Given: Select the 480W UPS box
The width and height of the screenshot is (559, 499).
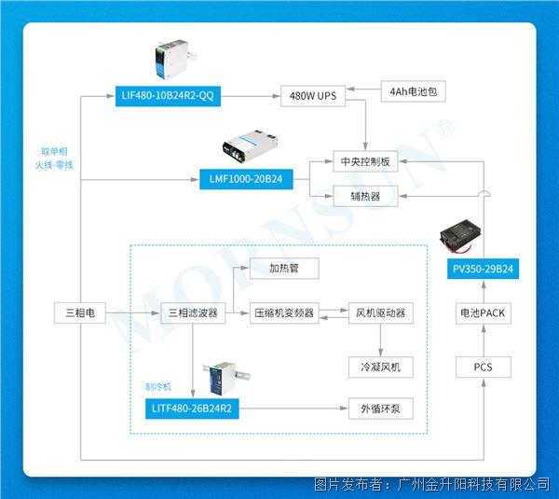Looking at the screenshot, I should [313, 95].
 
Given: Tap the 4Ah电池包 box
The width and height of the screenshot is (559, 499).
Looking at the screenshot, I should [412, 91].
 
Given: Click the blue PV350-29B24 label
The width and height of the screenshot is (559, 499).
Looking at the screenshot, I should [483, 269].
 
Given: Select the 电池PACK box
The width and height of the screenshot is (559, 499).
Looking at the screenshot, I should [483, 313].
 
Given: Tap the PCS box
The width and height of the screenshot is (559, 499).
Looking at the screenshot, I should [483, 367].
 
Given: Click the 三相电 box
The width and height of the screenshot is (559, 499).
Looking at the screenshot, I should [79, 313].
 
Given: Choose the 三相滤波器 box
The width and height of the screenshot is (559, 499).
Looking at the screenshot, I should [194, 313].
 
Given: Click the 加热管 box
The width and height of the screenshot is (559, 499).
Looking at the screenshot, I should [284, 269].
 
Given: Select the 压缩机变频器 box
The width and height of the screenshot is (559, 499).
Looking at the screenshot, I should [284, 313].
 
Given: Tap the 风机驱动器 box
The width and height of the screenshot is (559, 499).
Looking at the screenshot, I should [380, 313].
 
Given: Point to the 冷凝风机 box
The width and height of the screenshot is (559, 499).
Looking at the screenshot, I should [380, 367].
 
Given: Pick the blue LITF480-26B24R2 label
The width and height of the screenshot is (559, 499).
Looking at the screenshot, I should [194, 409].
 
